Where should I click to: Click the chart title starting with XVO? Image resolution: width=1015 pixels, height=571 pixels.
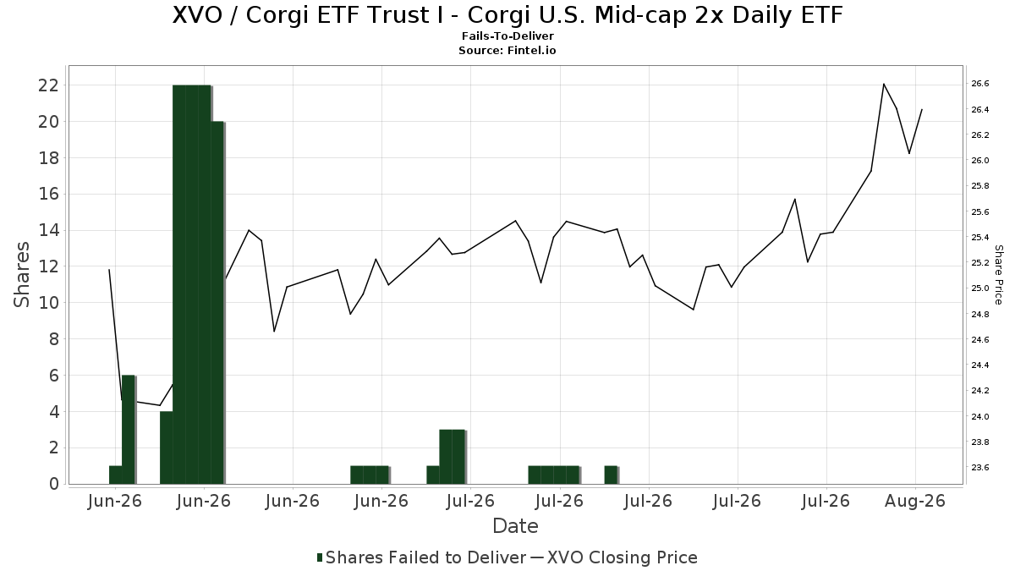(x=507, y=15)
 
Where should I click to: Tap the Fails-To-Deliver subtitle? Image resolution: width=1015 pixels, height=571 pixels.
(x=507, y=36)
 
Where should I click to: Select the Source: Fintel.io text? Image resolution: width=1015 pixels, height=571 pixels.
(x=507, y=50)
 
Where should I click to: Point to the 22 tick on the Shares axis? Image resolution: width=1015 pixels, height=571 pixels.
(x=48, y=85)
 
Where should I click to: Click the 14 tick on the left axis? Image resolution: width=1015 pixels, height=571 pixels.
(x=48, y=230)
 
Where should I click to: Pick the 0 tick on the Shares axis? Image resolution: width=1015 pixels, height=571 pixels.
(x=54, y=484)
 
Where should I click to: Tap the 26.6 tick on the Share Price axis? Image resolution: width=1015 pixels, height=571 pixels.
(x=979, y=84)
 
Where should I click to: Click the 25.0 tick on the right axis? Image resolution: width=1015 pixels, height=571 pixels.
(x=979, y=288)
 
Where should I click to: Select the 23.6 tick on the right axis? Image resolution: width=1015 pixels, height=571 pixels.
(x=979, y=467)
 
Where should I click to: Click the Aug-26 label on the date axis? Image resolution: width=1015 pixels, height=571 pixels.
(x=915, y=501)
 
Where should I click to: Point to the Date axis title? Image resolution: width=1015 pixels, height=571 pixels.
(x=515, y=526)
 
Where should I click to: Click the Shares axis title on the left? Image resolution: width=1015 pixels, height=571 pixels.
(x=21, y=275)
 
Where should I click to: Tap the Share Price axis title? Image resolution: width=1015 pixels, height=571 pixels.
(x=998, y=275)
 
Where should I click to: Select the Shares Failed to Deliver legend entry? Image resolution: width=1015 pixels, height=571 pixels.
(x=421, y=557)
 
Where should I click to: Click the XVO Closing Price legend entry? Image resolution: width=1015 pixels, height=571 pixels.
(x=614, y=557)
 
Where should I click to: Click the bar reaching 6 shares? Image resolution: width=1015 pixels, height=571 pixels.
(x=129, y=430)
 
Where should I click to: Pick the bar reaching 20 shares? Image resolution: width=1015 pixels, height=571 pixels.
(x=217, y=303)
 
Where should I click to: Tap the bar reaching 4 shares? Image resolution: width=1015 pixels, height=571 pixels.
(x=167, y=447)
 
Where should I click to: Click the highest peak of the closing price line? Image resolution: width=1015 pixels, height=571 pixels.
(x=884, y=84)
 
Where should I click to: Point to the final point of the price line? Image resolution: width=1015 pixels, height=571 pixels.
(x=922, y=109)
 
